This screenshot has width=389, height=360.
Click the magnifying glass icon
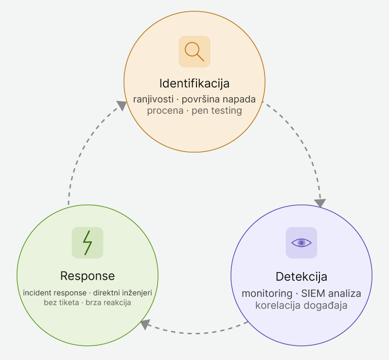click(x=194, y=51)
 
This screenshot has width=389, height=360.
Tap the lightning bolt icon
click(x=88, y=242)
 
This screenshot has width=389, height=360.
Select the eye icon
click(x=301, y=242)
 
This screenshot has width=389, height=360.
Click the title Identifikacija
click(x=194, y=83)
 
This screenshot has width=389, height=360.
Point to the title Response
click(x=88, y=276)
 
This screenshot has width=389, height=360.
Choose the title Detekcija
click(x=301, y=277)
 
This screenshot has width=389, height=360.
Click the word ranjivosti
click(x=152, y=99)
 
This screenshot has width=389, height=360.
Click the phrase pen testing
click(x=217, y=110)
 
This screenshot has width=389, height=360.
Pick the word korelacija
click(x=277, y=306)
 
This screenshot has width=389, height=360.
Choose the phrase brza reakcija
click(x=108, y=302)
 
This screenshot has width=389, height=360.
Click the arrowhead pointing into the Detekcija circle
click(x=320, y=202)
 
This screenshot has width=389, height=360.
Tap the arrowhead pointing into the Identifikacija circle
click(x=121, y=105)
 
